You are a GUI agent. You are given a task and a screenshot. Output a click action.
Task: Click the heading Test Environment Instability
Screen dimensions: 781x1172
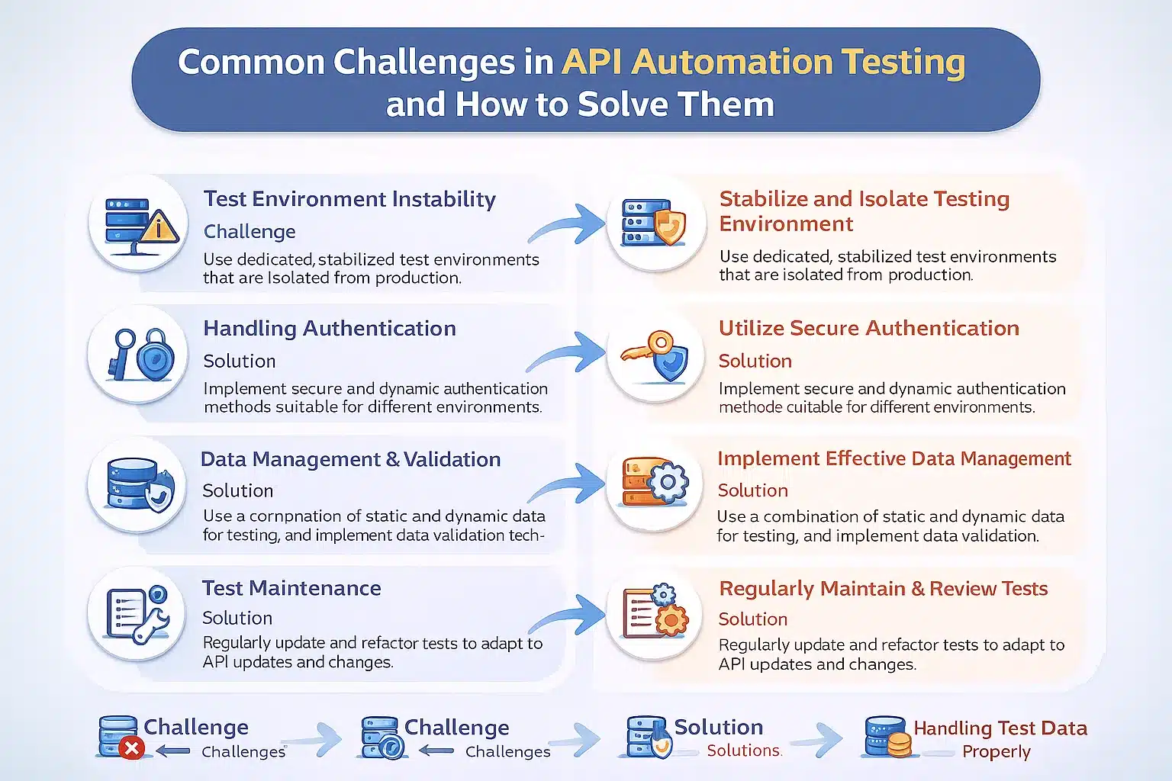click(349, 199)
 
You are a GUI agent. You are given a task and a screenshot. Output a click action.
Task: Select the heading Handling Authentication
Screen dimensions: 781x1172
click(330, 329)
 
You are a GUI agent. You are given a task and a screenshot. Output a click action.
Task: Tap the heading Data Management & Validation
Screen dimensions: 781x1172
click(350, 459)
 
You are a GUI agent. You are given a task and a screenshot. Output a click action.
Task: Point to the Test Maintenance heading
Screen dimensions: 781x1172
click(291, 588)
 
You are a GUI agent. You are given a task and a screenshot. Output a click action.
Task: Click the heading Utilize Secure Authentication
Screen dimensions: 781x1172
click(868, 329)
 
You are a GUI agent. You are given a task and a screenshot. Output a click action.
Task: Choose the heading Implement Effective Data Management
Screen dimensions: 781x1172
click(893, 458)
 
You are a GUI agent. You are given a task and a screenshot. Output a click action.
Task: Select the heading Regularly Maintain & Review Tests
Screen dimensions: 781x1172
click(883, 589)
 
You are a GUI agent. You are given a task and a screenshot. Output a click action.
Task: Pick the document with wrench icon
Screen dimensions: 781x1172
click(137, 615)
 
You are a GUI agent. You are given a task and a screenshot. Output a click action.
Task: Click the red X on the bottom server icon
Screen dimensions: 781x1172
click(131, 748)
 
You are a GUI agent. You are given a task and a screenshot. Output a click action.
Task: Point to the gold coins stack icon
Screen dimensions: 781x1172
click(900, 744)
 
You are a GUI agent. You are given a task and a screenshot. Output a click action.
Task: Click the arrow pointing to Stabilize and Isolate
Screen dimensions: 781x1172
click(568, 223)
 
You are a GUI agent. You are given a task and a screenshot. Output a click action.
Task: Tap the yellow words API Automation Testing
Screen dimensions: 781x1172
click(763, 62)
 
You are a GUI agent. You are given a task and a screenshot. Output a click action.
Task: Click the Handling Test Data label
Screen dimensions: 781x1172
click(1000, 728)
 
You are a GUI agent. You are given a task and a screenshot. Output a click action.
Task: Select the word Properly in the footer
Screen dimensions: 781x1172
click(996, 752)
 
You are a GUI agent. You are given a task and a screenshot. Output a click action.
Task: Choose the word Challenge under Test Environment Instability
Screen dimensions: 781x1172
click(250, 232)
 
